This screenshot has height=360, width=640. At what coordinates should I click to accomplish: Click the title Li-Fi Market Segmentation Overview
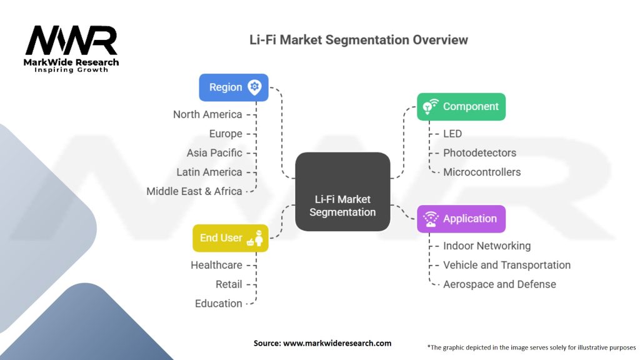click(x=359, y=40)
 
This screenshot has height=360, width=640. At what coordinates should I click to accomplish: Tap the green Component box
click(x=461, y=107)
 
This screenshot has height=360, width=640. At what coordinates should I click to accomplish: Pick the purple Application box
click(x=461, y=219)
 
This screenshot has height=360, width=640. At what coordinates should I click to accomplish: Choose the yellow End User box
click(x=231, y=238)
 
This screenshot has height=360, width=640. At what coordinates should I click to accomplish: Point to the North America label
click(x=207, y=114)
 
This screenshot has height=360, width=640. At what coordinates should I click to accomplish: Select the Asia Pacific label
click(x=214, y=153)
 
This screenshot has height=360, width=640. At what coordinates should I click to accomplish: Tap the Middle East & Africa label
click(x=194, y=191)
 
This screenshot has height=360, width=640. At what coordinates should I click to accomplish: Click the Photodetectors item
click(x=479, y=153)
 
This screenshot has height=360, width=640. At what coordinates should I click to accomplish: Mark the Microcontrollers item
click(x=481, y=172)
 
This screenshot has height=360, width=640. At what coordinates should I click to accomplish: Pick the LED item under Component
click(x=452, y=134)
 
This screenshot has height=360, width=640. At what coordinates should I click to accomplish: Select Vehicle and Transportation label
click(x=506, y=265)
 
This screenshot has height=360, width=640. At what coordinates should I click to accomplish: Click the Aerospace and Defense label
click(x=499, y=284)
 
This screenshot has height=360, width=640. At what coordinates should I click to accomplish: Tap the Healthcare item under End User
click(x=216, y=265)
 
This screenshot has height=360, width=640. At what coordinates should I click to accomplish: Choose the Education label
click(x=218, y=303)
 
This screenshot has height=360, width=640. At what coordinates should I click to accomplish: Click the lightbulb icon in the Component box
click(x=429, y=107)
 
